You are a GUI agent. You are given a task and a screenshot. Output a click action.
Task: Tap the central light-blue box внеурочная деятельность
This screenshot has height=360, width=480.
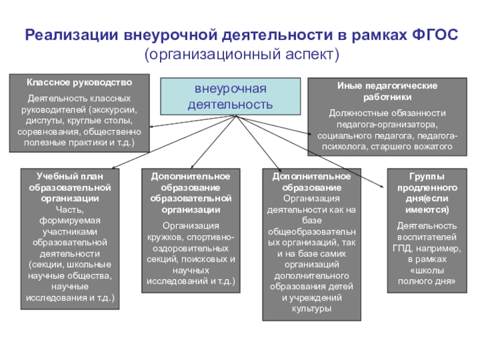pyautogui.click(x=230, y=97)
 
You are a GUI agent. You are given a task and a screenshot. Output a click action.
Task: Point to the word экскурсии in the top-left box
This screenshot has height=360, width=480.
pyautogui.click(x=115, y=110)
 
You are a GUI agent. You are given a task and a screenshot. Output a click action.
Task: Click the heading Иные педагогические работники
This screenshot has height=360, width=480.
pyautogui.click(x=387, y=91)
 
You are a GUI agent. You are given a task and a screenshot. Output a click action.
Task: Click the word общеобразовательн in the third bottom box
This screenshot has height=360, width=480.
pyautogui.click(x=311, y=232)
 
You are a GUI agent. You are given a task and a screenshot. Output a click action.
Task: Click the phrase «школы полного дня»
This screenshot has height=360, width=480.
pyautogui.click(x=424, y=275)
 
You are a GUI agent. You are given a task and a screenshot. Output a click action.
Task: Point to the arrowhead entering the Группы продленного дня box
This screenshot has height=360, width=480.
pyautogui.click(x=386, y=187)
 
